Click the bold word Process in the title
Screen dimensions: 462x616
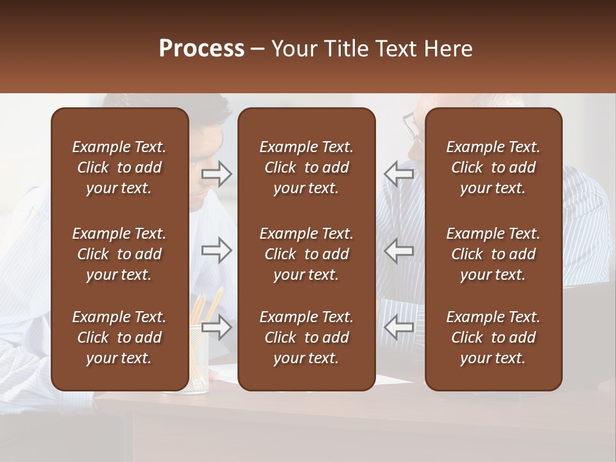pyautogui.click(x=201, y=49)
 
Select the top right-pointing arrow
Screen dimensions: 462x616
pyautogui.click(x=217, y=174)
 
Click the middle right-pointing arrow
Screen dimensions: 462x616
pyautogui.click(x=217, y=250)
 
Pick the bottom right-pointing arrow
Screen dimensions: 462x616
pyautogui.click(x=217, y=328)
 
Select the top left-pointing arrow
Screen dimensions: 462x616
pyautogui.click(x=398, y=174)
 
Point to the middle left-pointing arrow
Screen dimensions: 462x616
pyautogui.click(x=398, y=250)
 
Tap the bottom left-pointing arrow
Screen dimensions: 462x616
pyautogui.click(x=398, y=328)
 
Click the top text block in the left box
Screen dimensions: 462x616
pyautogui.click(x=119, y=167)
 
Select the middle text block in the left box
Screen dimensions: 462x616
pyautogui.click(x=119, y=254)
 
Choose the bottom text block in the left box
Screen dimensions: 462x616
pyautogui.click(x=119, y=338)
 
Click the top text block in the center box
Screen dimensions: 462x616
pyautogui.click(x=307, y=167)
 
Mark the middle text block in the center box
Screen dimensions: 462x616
pyautogui.click(x=307, y=254)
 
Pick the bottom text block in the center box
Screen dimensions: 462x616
pyautogui.click(x=307, y=338)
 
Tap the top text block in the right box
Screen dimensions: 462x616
pyautogui.click(x=493, y=167)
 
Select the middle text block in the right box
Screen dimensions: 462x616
pyautogui.click(x=493, y=254)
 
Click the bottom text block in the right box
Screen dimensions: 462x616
pyautogui.click(x=493, y=338)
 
